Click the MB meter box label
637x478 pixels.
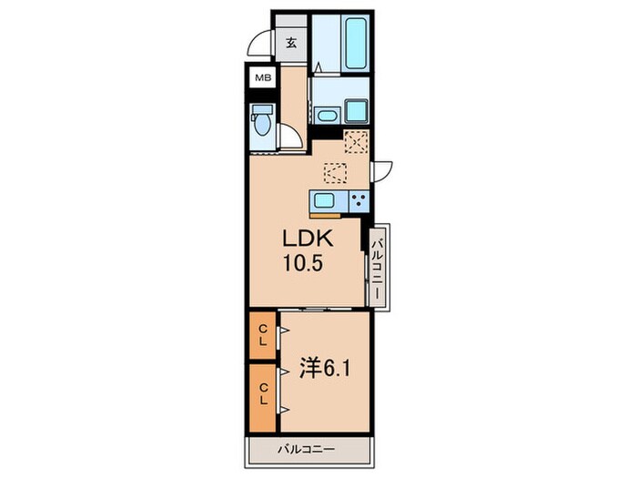pos(263,77)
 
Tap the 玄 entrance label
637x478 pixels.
pos(291,43)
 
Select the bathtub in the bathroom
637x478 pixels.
pos(356,43)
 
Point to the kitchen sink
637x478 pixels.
pos(323,200)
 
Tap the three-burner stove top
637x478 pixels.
pos(359,201)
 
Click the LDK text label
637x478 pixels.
pos(308,239)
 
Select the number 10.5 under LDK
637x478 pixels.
pos(303,264)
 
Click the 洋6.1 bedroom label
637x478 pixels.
pos(325,368)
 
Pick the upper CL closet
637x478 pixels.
pos(263,335)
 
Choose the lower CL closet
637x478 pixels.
pos(263,398)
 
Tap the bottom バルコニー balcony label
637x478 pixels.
pos(307,450)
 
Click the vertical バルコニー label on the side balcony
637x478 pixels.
pos(378,269)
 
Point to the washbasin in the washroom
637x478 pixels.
pos(326,116)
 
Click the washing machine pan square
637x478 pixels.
pos(357,110)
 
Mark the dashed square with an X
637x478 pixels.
pos(356,142)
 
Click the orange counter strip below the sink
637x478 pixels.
pos(325,215)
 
